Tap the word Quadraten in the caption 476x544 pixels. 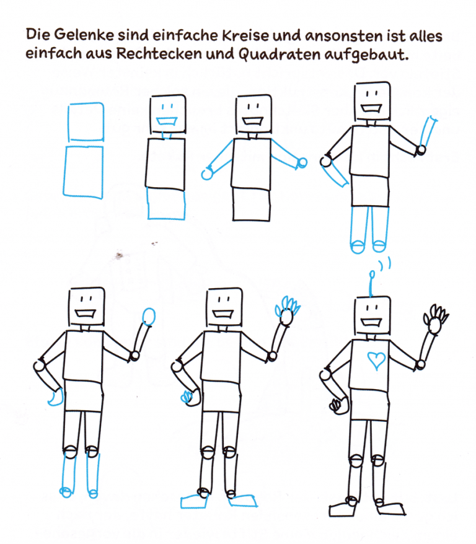[x=274, y=55]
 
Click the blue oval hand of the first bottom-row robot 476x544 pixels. [x=149, y=317]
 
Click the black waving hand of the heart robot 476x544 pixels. [x=436, y=317]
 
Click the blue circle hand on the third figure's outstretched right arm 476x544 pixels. [x=302, y=162]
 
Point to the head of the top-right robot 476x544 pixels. [x=371, y=100]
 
